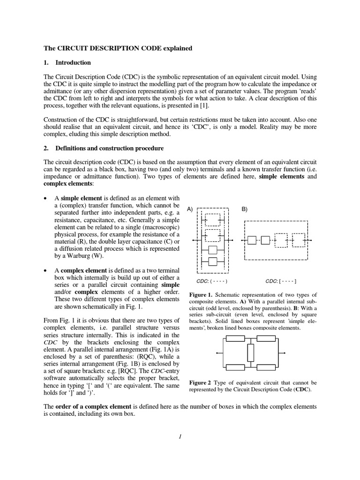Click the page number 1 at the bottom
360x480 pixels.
180,437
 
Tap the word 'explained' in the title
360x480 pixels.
176,48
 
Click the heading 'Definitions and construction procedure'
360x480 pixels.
109,149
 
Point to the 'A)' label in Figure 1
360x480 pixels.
190,209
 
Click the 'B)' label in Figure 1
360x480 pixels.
245,209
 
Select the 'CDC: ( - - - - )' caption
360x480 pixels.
212,281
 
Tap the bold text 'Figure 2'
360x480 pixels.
201,382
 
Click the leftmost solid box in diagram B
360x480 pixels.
252,240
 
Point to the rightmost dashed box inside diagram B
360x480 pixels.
298,240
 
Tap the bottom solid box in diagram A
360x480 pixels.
213,261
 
